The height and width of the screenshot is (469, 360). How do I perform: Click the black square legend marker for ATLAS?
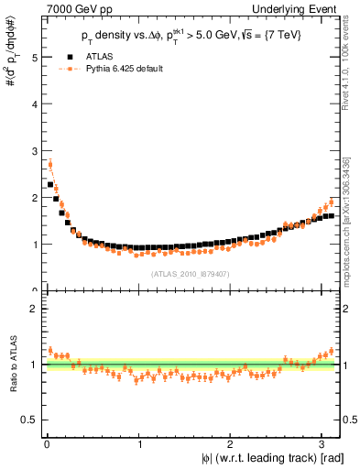point(66,57)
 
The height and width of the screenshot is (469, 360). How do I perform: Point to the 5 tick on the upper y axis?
point(35,57)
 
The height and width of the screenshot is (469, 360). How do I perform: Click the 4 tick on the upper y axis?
point(35,104)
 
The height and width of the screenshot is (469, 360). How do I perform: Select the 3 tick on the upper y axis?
point(35,150)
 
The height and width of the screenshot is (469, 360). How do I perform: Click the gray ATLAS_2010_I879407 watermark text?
point(191,274)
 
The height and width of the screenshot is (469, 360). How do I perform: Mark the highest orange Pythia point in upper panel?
point(50,165)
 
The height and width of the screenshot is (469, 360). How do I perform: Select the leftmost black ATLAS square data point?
point(50,184)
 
